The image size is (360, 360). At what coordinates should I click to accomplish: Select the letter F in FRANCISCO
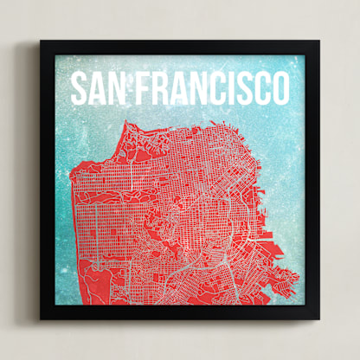[x=139, y=88]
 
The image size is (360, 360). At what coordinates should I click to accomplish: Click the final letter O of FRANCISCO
[x=279, y=88]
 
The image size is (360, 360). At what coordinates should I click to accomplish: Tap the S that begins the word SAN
[x=79, y=88]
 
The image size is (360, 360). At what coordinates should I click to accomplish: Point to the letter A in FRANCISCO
[x=174, y=88]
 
